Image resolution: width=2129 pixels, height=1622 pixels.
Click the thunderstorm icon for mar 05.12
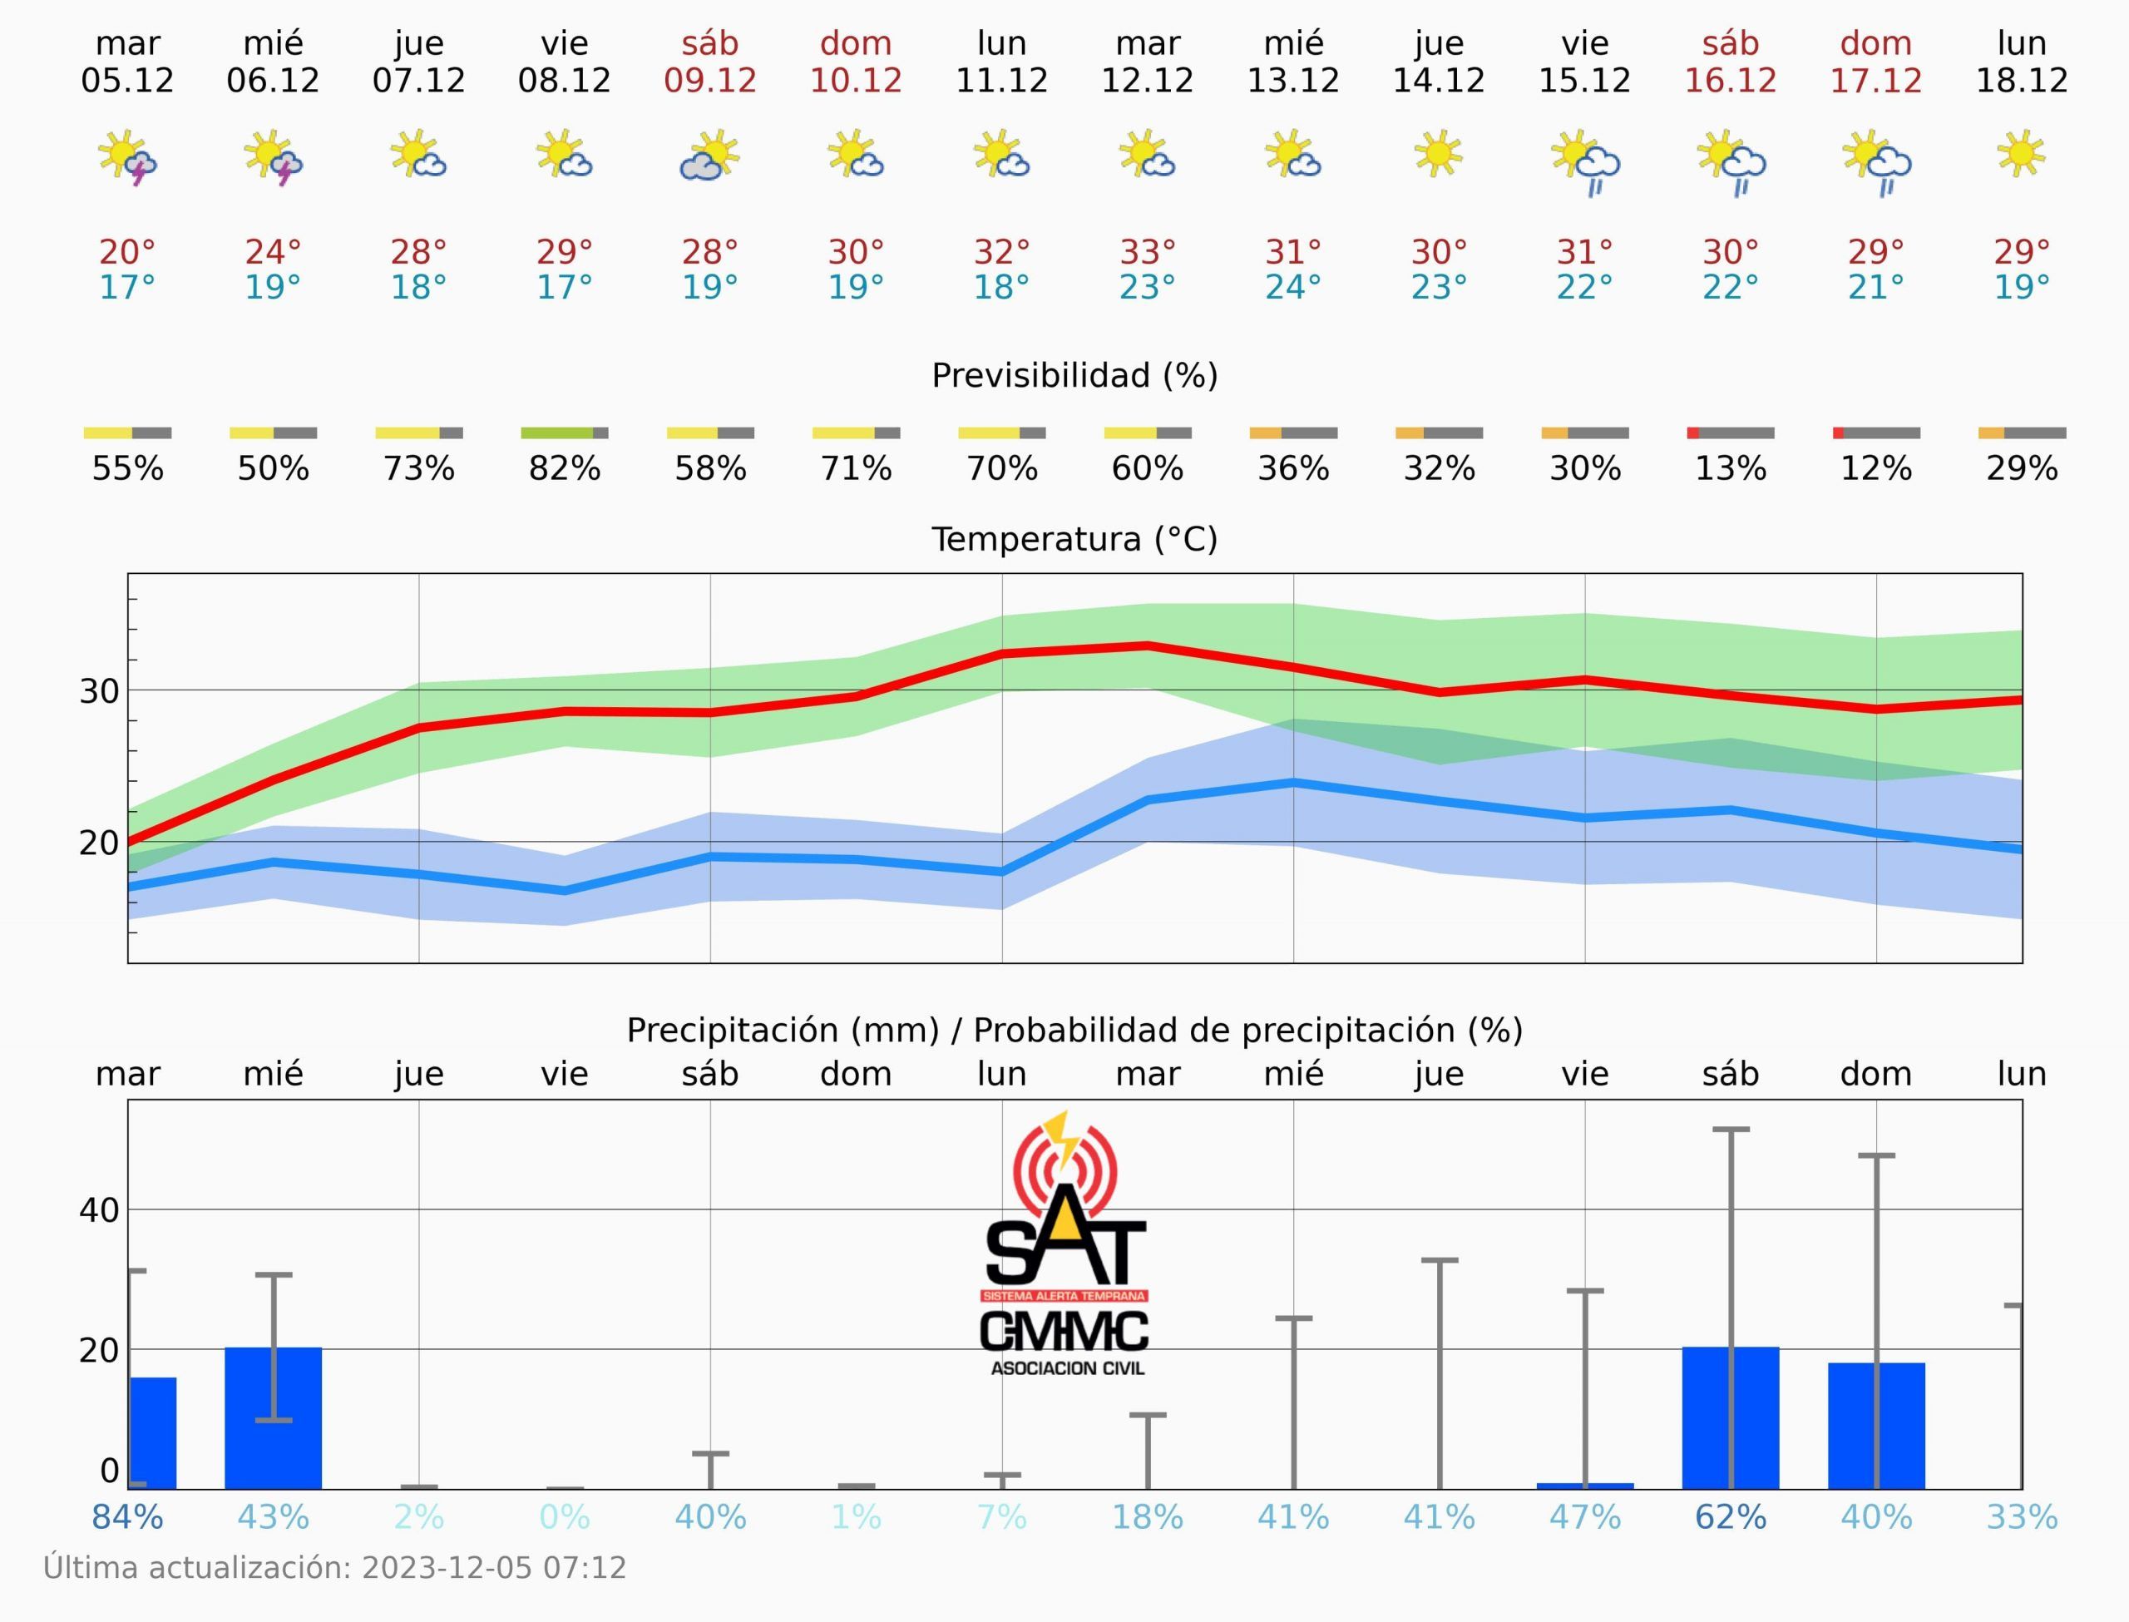point(127,157)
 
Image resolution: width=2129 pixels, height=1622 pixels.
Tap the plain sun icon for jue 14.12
point(1438,154)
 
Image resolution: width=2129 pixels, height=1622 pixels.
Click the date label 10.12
point(855,80)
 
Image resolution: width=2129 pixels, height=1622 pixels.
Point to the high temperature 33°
point(1148,252)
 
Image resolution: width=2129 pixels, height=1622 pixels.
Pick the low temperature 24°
point(1293,287)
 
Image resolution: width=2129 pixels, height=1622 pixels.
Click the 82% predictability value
point(565,468)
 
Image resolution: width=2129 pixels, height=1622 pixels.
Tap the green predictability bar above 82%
point(557,433)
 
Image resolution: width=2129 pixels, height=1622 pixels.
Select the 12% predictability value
point(1876,468)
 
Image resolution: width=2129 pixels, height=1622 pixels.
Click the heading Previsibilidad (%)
point(1074,376)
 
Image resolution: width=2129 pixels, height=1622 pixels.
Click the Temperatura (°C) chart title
point(1074,539)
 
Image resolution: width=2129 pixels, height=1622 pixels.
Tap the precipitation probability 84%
point(127,1518)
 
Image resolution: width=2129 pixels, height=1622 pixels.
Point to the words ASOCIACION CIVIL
point(1067,1368)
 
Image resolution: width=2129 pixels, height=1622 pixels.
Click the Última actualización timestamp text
point(335,1567)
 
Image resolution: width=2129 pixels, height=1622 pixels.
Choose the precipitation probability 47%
point(1584,1518)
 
